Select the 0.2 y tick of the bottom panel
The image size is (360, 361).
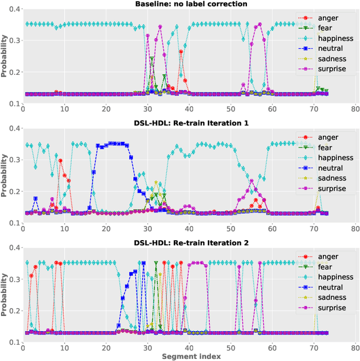pyautogui.click(x=12, y=311)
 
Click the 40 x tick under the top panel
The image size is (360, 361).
pyautogui.click(x=189, y=109)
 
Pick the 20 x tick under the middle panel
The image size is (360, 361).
pyautogui.click(x=106, y=228)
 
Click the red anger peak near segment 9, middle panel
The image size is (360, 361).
pyautogui.click(x=60, y=161)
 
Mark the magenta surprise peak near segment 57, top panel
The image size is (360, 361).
pyautogui.click(x=259, y=25)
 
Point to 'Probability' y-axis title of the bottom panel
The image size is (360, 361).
pyautogui.click(x=5, y=290)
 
